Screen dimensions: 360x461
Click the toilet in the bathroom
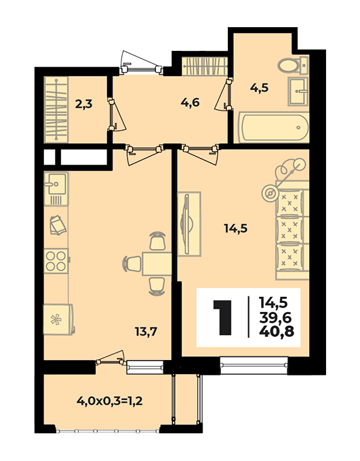click(x=293, y=64)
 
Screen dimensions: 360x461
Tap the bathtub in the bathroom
click(x=274, y=127)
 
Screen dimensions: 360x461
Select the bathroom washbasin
click(x=298, y=91)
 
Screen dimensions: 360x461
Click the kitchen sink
click(x=56, y=188)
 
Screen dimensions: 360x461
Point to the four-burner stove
click(x=56, y=261)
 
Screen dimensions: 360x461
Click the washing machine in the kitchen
click(x=58, y=319)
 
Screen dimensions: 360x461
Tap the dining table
click(x=157, y=264)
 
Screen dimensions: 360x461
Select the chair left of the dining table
click(x=132, y=264)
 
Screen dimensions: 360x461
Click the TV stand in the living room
click(x=189, y=224)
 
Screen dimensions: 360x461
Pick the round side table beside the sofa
click(x=270, y=193)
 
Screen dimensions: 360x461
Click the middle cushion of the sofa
click(x=290, y=230)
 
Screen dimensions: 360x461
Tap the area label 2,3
click(x=84, y=104)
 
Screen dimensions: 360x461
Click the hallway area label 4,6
click(x=191, y=102)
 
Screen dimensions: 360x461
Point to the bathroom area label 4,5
click(x=260, y=88)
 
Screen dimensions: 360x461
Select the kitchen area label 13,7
click(x=146, y=332)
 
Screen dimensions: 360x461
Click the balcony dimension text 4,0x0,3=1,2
click(x=110, y=401)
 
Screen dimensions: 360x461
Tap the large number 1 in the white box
click(x=222, y=317)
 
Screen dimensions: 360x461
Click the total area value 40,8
click(x=277, y=332)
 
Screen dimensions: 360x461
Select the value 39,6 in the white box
click(x=275, y=317)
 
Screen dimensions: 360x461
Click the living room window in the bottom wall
click(x=254, y=365)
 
